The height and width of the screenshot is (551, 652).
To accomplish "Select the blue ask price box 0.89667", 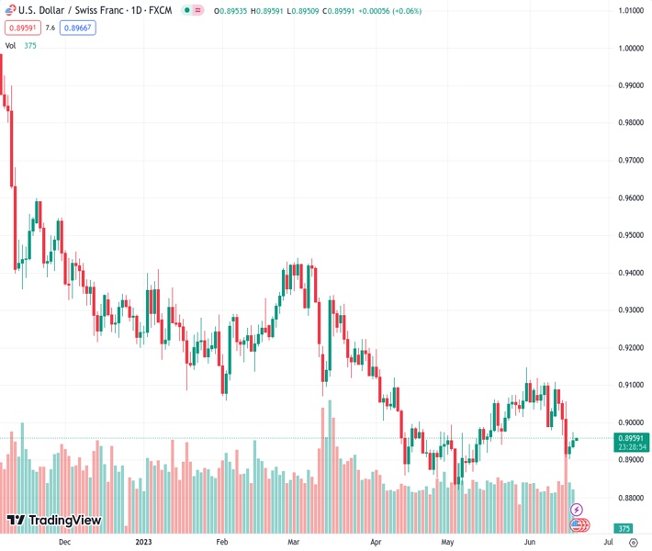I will point(77,28).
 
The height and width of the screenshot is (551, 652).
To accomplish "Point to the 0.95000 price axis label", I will point(630,235).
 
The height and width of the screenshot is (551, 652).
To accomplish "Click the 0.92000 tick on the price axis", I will point(630,348).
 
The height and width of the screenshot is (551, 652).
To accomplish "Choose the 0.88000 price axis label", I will point(630,498).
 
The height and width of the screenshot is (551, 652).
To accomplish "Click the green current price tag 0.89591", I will point(630,438).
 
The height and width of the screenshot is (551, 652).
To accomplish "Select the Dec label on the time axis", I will point(63,542).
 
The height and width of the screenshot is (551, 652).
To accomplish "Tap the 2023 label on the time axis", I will point(143,542).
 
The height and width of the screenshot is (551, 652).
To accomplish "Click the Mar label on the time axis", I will point(293,542).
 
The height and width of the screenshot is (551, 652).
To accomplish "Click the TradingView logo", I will point(54,521).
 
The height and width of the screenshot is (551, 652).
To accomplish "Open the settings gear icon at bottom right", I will point(633,542).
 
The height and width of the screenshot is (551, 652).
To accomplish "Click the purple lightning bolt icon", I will point(577,509).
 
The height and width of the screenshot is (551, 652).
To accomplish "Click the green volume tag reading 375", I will point(624,529).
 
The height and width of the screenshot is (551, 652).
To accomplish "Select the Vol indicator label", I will point(11,45).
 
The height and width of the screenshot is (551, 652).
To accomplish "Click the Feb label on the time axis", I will point(221,542).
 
